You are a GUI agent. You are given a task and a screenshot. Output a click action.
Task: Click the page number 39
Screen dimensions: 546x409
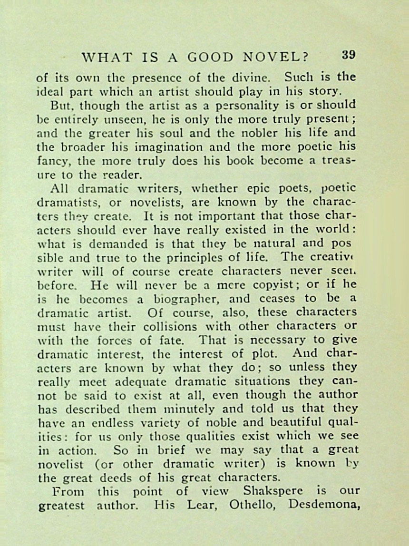coord(349,55)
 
